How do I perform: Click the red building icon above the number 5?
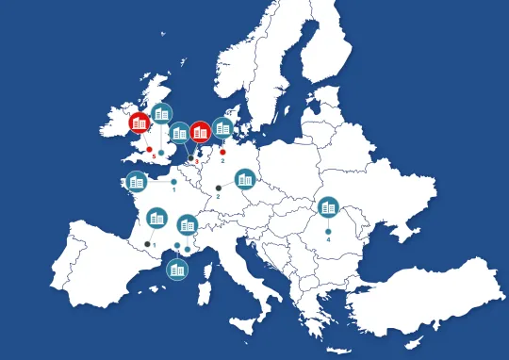click(x=140, y=122)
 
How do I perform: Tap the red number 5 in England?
click(x=154, y=156)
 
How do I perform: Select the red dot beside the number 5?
click(x=149, y=149)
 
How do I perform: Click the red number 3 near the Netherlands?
click(x=196, y=161)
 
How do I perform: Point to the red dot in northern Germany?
click(x=223, y=152)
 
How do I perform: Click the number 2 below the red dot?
click(x=223, y=161)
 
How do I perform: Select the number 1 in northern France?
click(x=174, y=189)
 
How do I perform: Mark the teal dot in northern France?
click(x=174, y=182)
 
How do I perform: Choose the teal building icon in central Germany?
click(x=245, y=178)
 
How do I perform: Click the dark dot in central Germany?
click(x=218, y=188)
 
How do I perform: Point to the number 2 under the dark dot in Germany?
click(x=218, y=197)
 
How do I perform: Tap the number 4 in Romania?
click(x=328, y=239)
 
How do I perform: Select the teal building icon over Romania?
click(x=328, y=206)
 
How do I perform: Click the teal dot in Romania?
click(x=328, y=231)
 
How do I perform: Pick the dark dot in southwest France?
click(x=146, y=244)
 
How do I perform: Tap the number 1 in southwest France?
click(x=155, y=246)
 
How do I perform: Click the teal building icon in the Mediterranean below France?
click(x=176, y=270)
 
